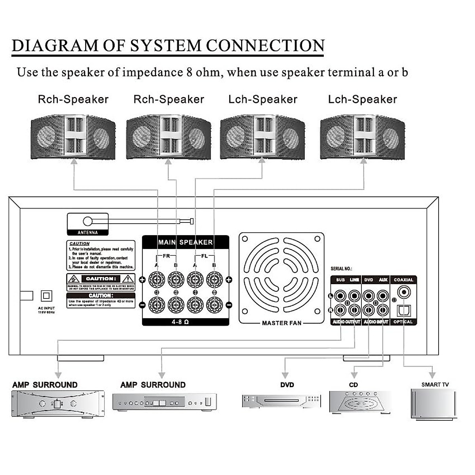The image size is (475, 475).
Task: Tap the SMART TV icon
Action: [x=434, y=404]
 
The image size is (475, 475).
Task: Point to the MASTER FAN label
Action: [x=281, y=323]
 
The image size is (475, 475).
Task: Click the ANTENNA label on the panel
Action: [x=87, y=232]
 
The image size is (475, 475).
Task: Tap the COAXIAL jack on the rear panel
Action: [x=403, y=293]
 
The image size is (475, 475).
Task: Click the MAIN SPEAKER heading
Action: [x=185, y=242]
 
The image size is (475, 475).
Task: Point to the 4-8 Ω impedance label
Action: [x=180, y=322]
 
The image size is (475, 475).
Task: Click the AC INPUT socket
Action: [x=47, y=296]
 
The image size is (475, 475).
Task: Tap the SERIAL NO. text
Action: [x=341, y=269]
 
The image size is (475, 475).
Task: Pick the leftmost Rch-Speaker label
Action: [x=73, y=99]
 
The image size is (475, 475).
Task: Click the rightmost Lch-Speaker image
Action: [x=362, y=137]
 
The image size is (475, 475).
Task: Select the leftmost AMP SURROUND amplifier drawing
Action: [x=58, y=404]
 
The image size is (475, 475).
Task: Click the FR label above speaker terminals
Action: [x=166, y=256]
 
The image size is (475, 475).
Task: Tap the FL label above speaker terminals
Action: [x=204, y=256]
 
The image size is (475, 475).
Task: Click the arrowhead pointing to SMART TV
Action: [x=432, y=374]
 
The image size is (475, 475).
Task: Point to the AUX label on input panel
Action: [x=383, y=280]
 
